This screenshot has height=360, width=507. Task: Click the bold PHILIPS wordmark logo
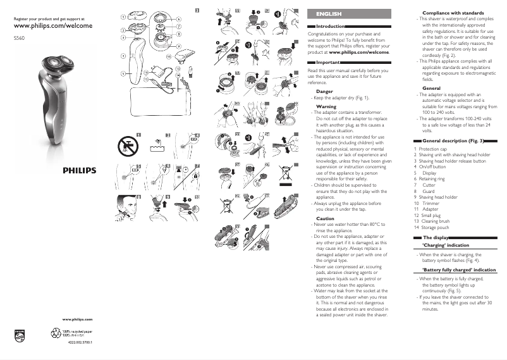pos(79,170)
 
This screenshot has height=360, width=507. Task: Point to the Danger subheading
pos(324,92)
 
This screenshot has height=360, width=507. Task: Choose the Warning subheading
pos(326,107)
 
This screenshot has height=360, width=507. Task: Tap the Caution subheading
pos(325,218)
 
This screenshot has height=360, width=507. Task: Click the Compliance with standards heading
pos(452,13)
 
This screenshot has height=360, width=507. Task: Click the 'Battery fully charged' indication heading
pos(458,270)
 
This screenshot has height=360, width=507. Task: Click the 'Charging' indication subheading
pos(445,245)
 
